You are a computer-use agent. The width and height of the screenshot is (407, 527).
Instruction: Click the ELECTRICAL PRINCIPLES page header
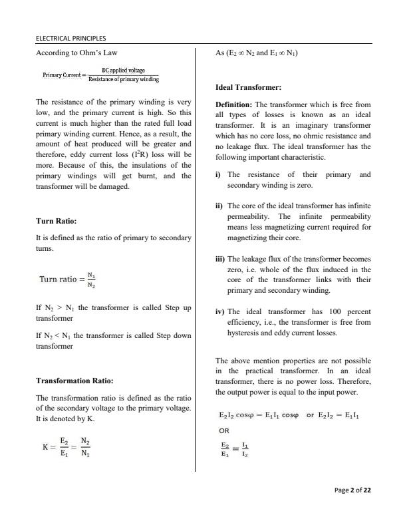pyautogui.click(x=72, y=38)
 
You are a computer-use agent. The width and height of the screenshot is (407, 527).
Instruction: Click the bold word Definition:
pyautogui.click(x=233, y=105)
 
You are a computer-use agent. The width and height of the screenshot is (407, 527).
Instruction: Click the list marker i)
pyautogui.click(x=219, y=174)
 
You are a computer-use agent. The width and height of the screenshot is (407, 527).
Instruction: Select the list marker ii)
pyautogui.click(x=219, y=206)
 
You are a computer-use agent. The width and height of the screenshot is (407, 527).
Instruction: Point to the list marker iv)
pyautogui.click(x=220, y=311)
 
